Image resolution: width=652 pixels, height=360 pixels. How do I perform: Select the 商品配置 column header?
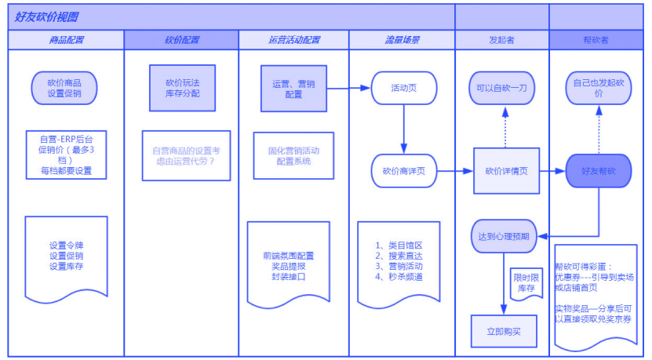point(66,40)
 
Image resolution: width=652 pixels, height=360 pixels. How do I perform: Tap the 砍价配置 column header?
point(181,40)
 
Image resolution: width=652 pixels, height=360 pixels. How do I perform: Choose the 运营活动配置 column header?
point(293,40)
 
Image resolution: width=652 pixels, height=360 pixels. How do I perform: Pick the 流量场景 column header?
point(402,40)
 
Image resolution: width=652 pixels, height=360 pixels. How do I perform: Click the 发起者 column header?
point(501,40)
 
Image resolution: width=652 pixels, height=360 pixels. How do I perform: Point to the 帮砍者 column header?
point(600,40)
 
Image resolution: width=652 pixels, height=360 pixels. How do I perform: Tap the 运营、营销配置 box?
point(293,89)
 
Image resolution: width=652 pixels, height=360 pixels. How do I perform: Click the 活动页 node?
point(403,89)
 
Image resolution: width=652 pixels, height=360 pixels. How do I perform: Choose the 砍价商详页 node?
point(403,170)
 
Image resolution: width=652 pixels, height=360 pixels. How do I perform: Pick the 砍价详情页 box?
point(506,170)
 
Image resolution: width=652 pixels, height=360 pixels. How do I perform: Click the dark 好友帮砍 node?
point(599,170)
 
